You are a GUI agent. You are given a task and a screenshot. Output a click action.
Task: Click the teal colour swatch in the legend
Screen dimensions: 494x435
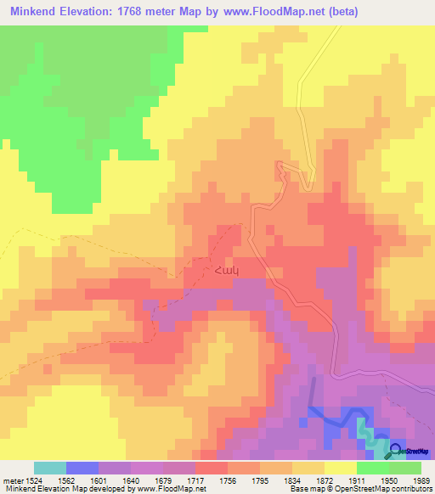pos(49,468)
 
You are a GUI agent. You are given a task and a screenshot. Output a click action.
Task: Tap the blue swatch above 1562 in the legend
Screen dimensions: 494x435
pos(82,468)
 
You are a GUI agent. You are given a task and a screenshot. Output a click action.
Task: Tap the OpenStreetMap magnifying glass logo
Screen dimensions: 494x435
pos(395,451)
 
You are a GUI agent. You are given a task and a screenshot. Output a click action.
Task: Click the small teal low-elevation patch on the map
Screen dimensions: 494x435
pos(364,429)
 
